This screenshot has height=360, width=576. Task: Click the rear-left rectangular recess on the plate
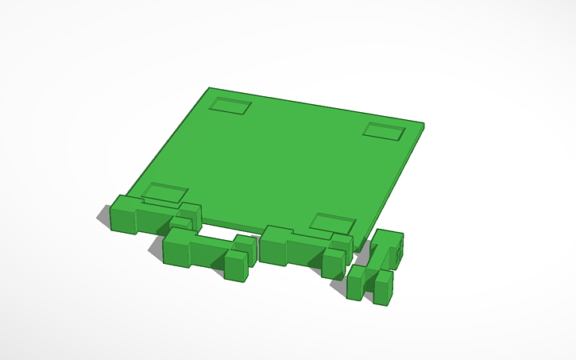pyautogui.click(x=230, y=106)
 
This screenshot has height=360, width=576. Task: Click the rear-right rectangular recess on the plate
pyautogui.click(x=385, y=130)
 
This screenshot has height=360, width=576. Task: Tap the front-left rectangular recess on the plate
pyautogui.click(x=164, y=192)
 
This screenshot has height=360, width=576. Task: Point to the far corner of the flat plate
pyautogui.click(x=210, y=89)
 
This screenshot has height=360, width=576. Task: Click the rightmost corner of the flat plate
pyautogui.click(x=423, y=125)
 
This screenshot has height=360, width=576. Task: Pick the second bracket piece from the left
pyautogui.click(x=207, y=251)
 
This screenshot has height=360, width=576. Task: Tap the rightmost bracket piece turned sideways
pyautogui.click(x=377, y=266)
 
